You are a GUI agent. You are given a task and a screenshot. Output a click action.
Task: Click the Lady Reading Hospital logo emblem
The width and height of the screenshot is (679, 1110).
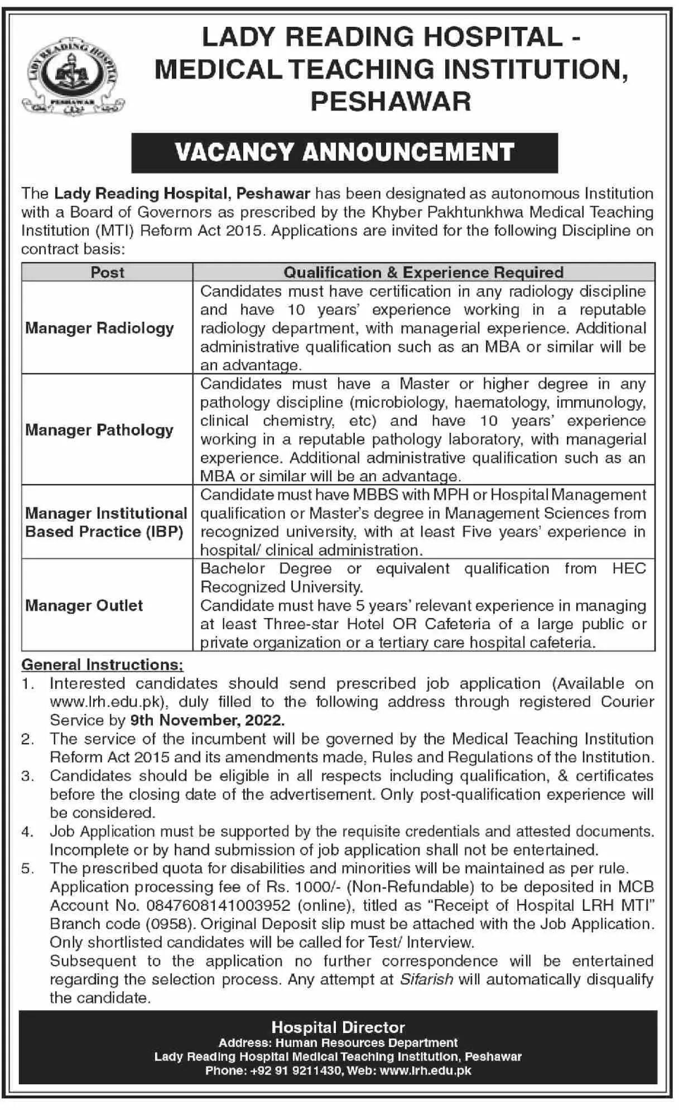pos(73,78)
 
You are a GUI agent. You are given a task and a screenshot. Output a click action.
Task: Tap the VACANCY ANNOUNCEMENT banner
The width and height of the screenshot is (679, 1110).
pos(344,152)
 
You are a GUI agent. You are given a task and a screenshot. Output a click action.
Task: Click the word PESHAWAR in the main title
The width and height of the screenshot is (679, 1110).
pos(391,102)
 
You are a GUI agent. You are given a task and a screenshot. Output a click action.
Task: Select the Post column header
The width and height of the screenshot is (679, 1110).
pos(108,272)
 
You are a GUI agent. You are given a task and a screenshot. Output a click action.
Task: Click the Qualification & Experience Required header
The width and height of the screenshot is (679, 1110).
pos(423,272)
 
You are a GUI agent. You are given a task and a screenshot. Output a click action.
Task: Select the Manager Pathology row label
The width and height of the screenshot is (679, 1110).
pos(100,429)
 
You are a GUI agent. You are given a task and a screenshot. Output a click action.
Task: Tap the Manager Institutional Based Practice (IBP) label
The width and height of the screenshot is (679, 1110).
pos(106,522)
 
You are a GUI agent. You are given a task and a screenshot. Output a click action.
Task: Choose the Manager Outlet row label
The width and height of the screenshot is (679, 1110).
pos(84,605)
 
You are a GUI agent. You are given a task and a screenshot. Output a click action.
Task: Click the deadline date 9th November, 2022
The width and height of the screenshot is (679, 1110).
pos(208,720)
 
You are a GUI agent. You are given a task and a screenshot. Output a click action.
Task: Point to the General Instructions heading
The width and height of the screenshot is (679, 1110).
pos(102,665)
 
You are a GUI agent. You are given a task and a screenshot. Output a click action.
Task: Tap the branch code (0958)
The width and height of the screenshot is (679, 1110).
pos(170,924)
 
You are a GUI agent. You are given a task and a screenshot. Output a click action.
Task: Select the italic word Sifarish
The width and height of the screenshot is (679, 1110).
pos(427,979)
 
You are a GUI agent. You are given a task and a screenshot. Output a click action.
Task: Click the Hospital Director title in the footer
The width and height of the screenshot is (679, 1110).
pos(338,1027)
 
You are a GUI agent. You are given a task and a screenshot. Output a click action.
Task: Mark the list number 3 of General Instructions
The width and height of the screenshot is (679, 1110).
pos(28,776)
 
